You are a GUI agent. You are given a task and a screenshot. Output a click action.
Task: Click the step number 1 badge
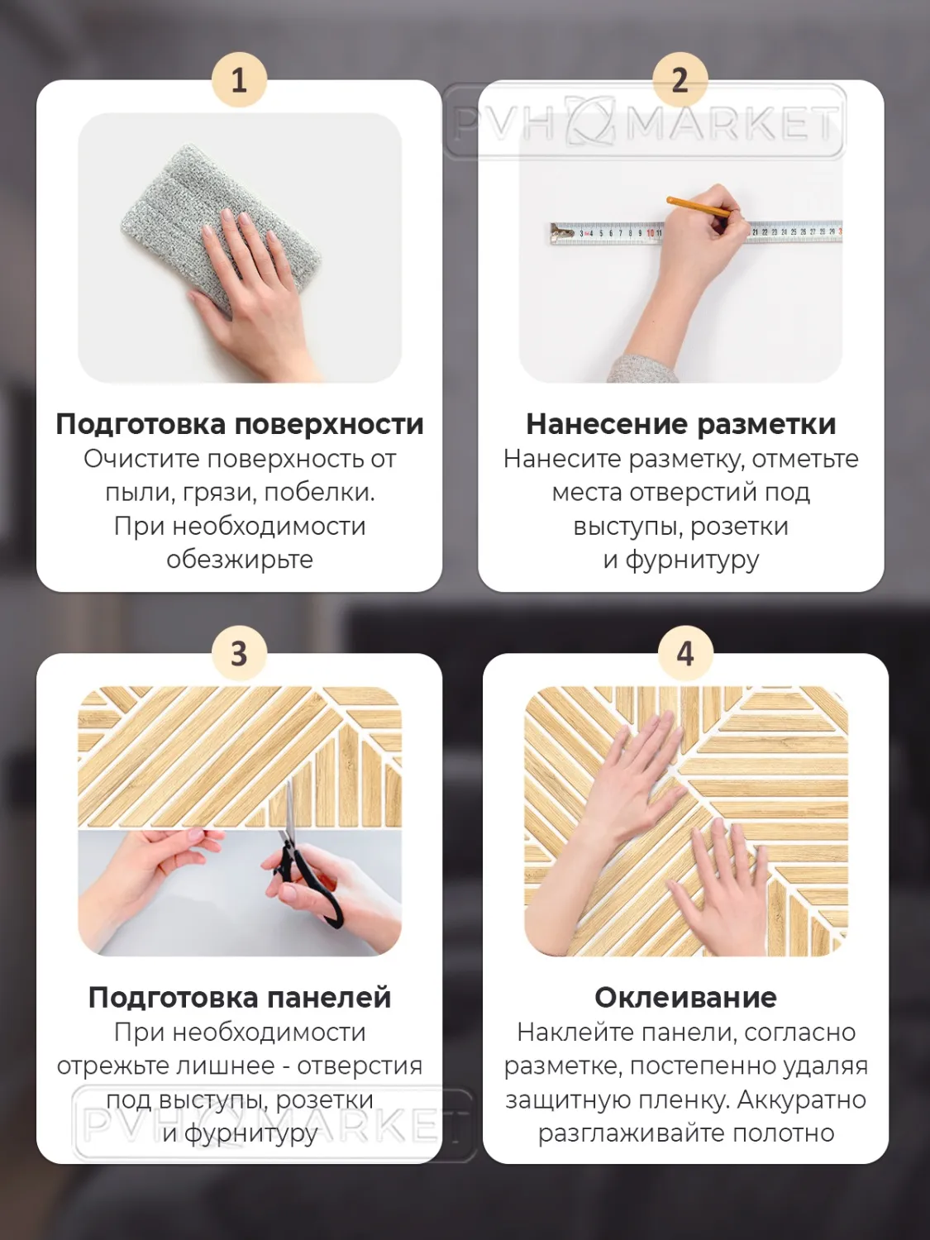[x=240, y=79]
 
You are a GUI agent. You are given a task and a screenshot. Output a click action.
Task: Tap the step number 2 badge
[x=680, y=79]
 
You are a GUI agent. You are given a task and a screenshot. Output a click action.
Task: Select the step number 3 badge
[x=240, y=654]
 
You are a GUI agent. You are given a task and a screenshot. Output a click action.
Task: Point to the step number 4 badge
[x=685, y=654]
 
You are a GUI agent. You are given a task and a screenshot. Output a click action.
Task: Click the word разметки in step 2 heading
[x=765, y=425]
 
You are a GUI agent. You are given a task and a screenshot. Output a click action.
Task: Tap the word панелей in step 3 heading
[x=329, y=998]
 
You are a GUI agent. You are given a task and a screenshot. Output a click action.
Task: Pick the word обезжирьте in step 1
[x=240, y=560]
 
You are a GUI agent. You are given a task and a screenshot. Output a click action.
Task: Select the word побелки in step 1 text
[x=319, y=492]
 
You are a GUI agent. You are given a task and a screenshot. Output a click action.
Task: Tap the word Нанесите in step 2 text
[x=563, y=459]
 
